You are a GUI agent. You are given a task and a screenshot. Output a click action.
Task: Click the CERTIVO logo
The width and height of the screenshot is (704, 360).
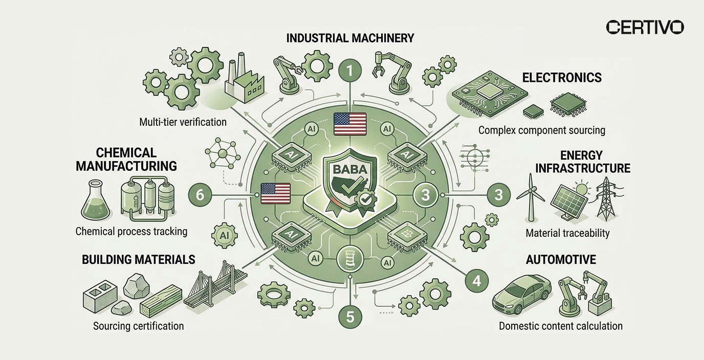coord(645,27)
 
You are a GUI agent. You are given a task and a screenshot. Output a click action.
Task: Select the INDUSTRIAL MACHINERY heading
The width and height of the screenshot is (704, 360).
coord(350,38)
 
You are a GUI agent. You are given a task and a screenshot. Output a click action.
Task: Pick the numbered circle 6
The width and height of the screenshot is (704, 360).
coord(200,195)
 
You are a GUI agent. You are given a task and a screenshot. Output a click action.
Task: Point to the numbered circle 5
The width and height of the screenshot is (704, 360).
coord(350,317)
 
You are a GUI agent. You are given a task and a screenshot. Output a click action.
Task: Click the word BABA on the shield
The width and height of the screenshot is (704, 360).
coord(350,168)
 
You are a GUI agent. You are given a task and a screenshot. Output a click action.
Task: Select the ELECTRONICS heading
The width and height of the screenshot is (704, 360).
coord(561,78)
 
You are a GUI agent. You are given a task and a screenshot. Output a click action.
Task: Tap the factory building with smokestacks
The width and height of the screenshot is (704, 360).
coord(244,82)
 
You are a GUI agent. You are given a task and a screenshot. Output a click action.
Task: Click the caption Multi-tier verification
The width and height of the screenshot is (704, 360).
coord(183,122)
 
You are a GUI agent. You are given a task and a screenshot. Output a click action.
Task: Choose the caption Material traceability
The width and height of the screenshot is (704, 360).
coord(567,233)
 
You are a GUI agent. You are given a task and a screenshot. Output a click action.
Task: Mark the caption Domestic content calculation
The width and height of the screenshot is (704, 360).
coord(561,326)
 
